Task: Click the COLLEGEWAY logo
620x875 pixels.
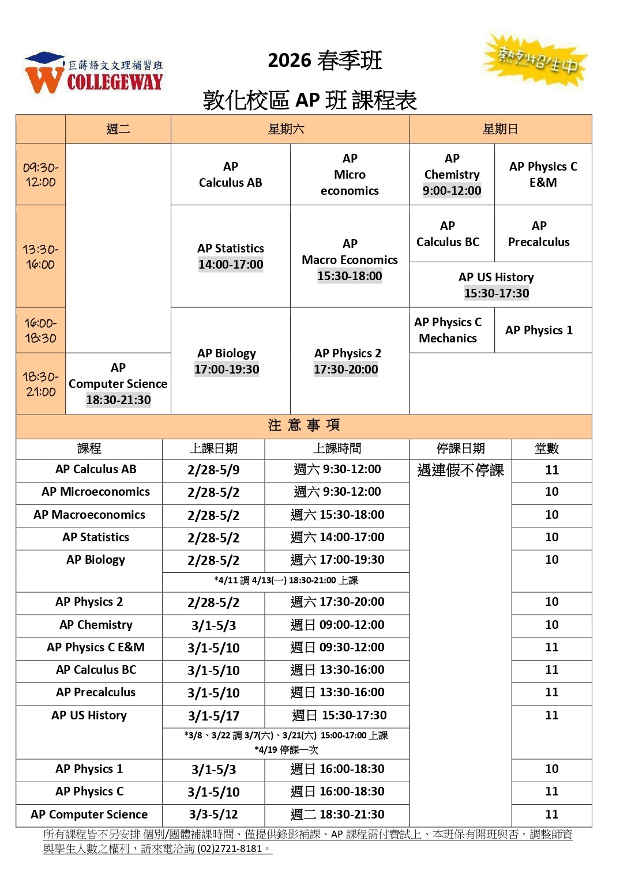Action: point(94,73)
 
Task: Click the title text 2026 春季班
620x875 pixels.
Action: point(325,61)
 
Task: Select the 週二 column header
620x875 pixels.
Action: point(118,129)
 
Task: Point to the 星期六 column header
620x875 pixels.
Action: point(286,129)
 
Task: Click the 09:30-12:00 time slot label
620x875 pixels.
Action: point(40,175)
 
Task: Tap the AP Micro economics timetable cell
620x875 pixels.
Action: point(350,175)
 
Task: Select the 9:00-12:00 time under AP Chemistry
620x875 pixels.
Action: point(452,191)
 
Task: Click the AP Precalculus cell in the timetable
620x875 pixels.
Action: point(539,234)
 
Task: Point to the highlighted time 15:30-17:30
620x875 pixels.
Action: point(497,293)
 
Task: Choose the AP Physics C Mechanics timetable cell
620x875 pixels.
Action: point(448,330)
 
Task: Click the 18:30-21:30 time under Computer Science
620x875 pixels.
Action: point(118,400)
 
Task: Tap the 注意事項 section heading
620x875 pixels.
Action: point(304,425)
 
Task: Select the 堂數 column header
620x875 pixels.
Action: point(547,448)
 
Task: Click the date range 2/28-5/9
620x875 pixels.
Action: point(213,470)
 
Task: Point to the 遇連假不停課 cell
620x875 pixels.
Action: point(460,470)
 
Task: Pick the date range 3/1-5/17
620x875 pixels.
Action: point(213,716)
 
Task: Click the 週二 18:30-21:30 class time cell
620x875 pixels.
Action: point(337,814)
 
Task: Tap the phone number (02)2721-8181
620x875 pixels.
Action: point(230,848)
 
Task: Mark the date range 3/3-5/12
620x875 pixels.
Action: point(213,814)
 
